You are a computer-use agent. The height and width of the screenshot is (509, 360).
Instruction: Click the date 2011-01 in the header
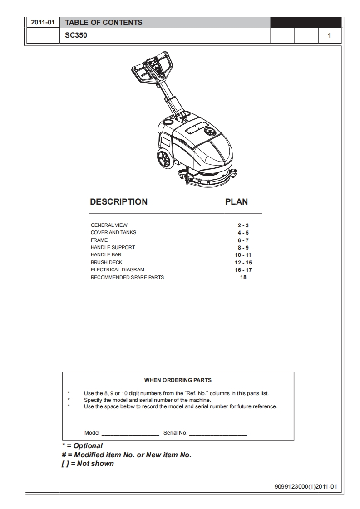[43, 23]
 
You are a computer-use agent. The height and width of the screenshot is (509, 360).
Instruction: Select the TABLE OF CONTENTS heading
[104, 23]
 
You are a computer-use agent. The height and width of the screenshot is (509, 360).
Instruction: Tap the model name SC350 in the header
[76, 35]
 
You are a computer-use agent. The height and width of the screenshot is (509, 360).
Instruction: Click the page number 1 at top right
[329, 36]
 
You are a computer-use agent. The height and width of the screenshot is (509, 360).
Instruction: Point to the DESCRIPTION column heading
[118, 202]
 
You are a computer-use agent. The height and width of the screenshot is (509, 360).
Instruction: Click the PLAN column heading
[237, 202]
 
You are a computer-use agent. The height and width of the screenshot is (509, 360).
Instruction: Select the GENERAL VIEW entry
[109, 225]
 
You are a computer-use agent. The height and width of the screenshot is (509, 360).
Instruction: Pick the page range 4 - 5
[243, 233]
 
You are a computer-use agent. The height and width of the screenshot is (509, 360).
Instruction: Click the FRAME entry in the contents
[99, 240]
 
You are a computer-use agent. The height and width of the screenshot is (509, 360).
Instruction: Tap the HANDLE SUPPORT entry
[113, 247]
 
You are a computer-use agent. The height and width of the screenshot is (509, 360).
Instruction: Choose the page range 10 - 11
[243, 255]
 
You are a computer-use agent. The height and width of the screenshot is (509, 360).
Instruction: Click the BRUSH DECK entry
[106, 262]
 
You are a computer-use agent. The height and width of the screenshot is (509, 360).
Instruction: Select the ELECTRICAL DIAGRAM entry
[117, 269]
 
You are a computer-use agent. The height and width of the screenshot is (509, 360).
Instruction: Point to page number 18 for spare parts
[243, 277]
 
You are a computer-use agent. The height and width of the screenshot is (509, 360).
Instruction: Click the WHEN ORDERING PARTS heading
[178, 380]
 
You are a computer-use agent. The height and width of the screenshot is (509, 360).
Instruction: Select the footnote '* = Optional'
[82, 446]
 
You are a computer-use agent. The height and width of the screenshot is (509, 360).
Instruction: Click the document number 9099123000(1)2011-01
[306, 487]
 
